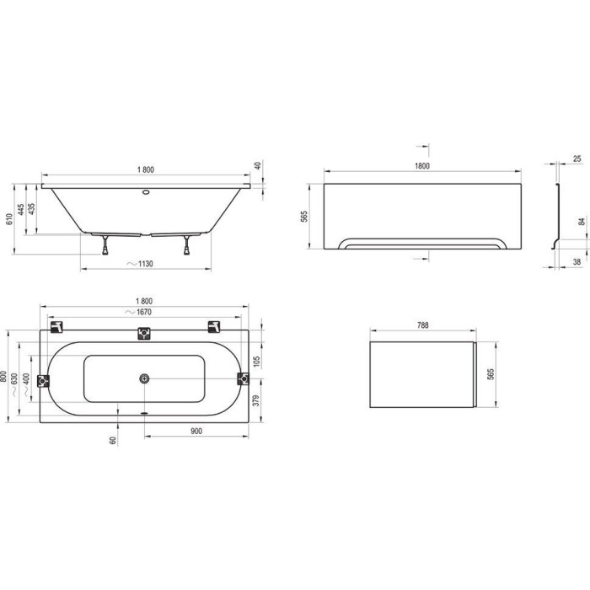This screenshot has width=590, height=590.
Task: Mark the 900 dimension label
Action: (196, 431)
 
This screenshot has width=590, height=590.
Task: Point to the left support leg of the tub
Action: (105, 245)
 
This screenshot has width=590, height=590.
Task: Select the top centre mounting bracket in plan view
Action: (144, 333)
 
